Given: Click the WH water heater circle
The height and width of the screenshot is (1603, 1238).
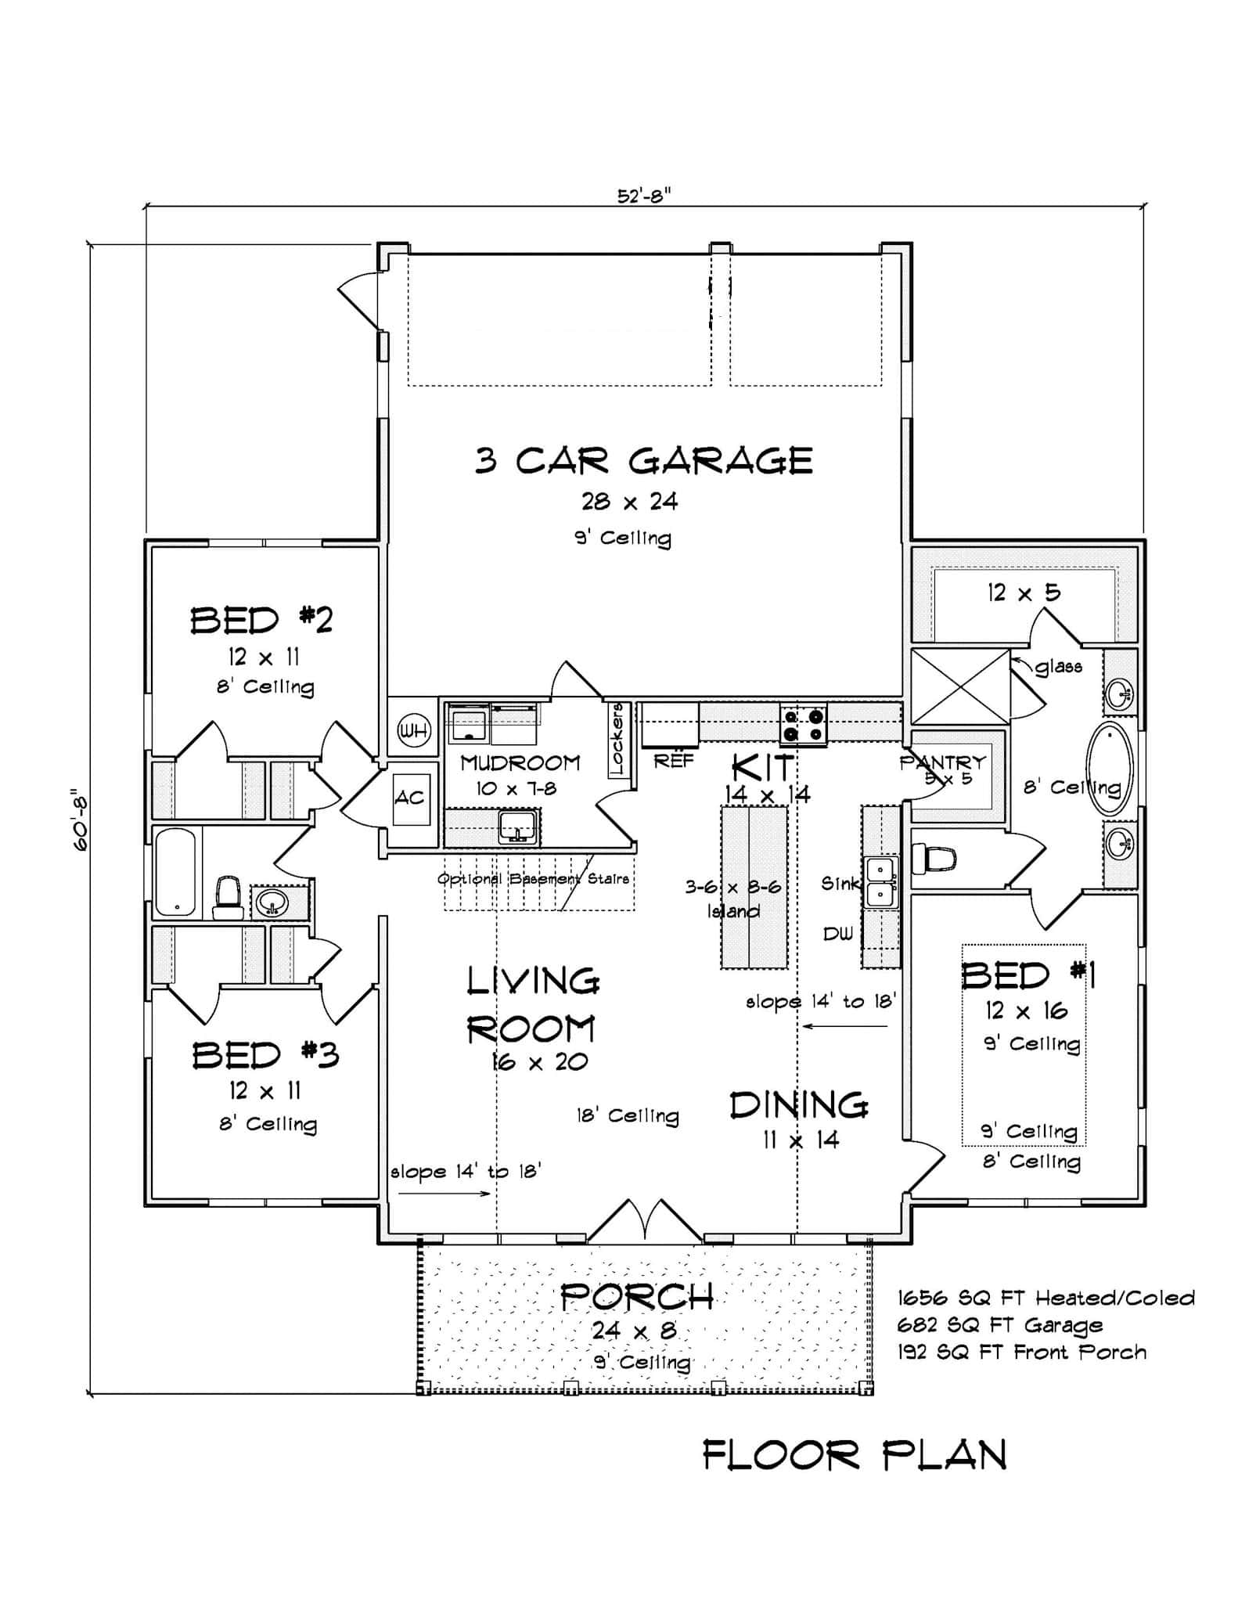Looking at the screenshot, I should (413, 732).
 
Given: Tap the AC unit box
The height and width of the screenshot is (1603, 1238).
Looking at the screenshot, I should (409, 798).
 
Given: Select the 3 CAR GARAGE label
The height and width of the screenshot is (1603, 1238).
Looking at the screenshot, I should (643, 461).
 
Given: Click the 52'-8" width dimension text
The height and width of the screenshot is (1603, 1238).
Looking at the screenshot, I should (644, 196).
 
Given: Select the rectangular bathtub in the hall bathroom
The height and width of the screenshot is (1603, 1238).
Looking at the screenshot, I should (176, 871).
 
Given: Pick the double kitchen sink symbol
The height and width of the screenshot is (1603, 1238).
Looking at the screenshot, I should (880, 881).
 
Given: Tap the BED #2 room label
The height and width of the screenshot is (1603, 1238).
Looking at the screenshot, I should (261, 621).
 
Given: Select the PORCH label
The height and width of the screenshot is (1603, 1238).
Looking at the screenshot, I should (637, 1298).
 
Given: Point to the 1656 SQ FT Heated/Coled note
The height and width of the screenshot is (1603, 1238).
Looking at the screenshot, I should (1045, 1298).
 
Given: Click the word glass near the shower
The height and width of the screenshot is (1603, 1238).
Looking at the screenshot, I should (1058, 667).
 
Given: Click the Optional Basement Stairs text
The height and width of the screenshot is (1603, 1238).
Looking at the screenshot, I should (533, 879).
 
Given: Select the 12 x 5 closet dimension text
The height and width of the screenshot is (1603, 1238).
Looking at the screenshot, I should (1024, 593).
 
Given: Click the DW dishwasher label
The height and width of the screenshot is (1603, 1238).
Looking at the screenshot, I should (837, 934).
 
